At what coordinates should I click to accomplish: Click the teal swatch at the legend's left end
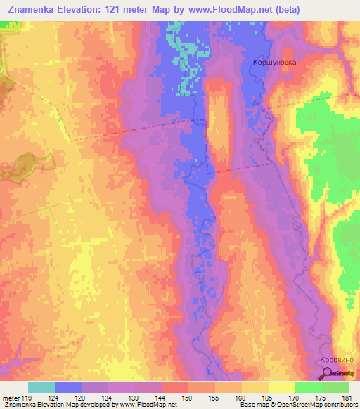coord(41,387)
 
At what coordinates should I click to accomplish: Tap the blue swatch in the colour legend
coord(68,387)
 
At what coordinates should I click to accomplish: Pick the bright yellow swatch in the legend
coord(282,387)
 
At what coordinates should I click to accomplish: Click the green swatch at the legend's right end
coord(335,387)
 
